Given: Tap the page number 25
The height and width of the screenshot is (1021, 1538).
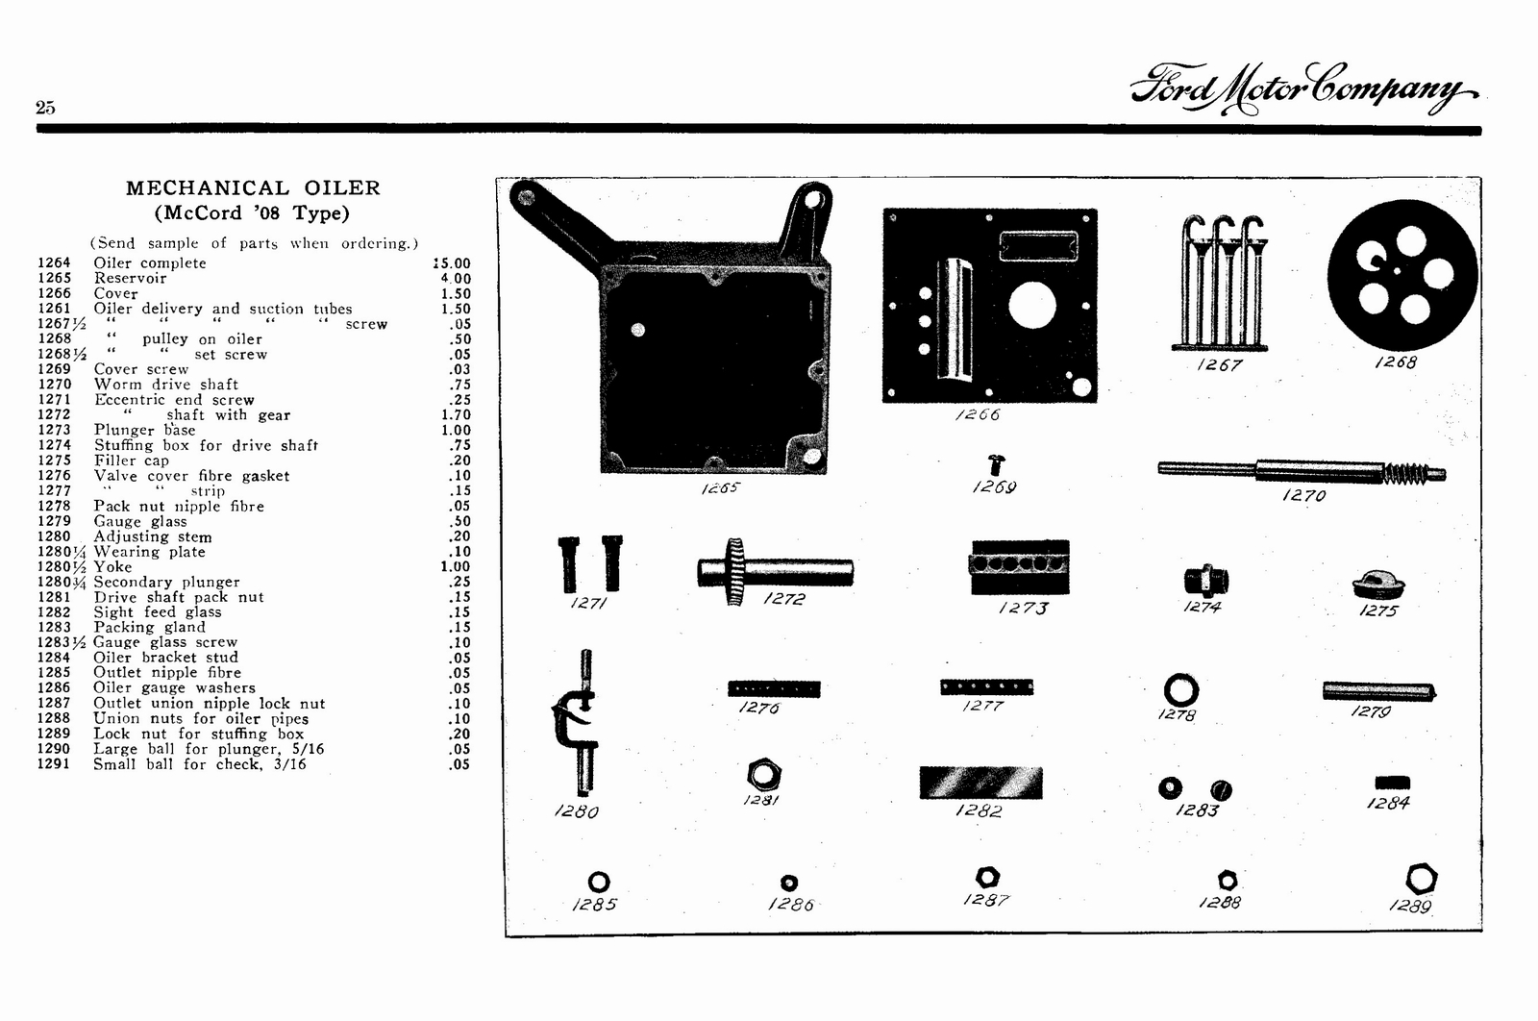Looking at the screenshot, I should click(45, 108).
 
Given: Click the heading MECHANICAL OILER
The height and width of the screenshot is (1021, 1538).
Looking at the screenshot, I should click(253, 188).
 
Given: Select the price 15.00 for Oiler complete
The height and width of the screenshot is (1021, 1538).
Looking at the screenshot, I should click(452, 263).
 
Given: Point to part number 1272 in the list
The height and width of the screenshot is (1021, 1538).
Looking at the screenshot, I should click(54, 415).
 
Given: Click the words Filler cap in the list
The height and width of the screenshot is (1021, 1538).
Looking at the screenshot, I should click(131, 461).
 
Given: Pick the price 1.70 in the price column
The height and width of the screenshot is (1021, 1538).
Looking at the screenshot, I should click(456, 415).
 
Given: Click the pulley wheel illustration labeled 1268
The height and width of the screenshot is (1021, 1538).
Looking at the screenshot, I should click(1402, 276).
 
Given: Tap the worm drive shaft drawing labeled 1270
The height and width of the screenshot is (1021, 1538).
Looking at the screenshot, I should click(1302, 470).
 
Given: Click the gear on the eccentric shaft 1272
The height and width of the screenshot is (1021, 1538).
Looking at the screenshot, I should click(735, 571).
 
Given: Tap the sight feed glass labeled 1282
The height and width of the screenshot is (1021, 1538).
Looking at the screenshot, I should click(980, 783).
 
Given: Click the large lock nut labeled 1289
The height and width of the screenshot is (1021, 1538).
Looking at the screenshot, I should click(1421, 879).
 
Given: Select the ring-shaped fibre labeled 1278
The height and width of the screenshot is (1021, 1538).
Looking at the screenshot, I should click(1180, 690).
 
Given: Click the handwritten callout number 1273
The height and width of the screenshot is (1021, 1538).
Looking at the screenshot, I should click(1023, 608).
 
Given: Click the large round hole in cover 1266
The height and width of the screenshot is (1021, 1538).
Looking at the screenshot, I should click(1031, 307).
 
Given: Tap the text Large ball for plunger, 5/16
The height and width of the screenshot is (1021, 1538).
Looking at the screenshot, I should click(209, 749).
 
